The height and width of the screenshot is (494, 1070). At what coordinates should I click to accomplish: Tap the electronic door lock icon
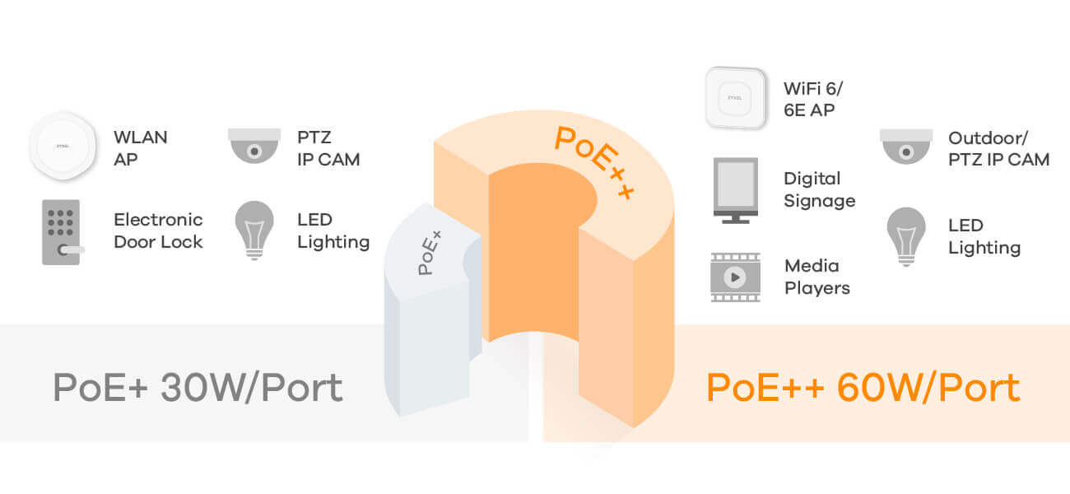click(62, 232)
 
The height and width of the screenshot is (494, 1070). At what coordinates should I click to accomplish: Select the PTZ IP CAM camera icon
click(254, 146)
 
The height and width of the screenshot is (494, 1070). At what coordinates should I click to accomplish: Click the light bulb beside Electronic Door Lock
click(254, 229)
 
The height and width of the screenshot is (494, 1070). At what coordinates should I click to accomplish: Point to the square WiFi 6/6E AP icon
click(735, 97)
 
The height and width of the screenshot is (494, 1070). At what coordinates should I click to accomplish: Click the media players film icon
click(735, 277)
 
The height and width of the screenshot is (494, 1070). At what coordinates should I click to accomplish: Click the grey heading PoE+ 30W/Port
click(198, 388)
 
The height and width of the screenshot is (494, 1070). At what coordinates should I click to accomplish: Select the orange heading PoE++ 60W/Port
click(863, 388)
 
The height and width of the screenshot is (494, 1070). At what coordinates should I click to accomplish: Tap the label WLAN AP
click(140, 148)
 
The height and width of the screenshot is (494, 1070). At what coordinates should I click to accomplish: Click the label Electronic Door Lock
click(158, 231)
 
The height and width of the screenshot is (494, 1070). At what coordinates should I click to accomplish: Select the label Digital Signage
click(819, 189)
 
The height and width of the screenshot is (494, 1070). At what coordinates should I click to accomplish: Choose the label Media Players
click(816, 277)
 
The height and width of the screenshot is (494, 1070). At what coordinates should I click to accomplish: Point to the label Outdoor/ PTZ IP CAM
click(998, 148)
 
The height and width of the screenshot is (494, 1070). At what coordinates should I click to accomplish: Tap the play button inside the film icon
click(735, 277)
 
